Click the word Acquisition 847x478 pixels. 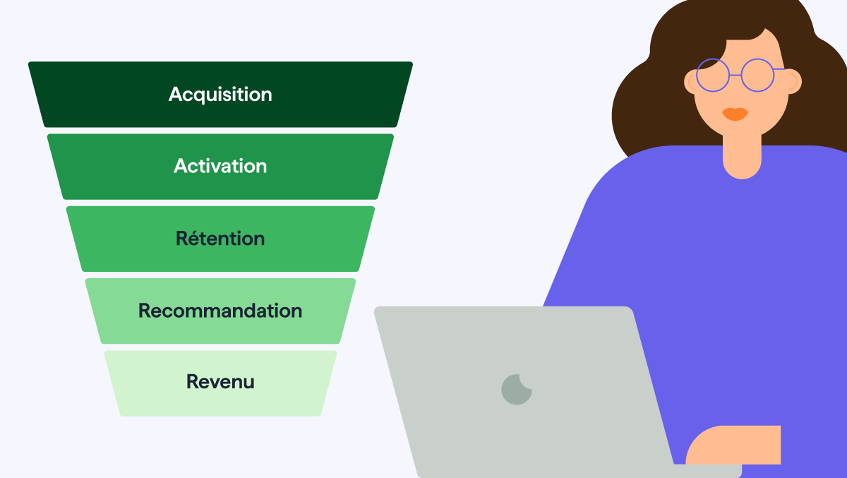(x=220, y=95)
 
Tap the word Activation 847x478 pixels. (x=220, y=166)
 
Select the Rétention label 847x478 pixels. (x=220, y=238)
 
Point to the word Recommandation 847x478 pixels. (x=220, y=311)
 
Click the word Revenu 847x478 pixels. (x=220, y=381)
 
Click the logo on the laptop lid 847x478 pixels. (x=517, y=390)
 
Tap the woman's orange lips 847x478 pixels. (x=735, y=114)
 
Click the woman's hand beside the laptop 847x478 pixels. (x=733, y=446)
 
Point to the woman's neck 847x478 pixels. (x=742, y=155)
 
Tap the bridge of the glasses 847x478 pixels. (x=735, y=76)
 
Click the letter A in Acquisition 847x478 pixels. (x=176, y=94)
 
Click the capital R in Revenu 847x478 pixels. (x=193, y=381)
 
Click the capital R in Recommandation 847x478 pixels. (x=145, y=311)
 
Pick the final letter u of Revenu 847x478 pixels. (x=248, y=383)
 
